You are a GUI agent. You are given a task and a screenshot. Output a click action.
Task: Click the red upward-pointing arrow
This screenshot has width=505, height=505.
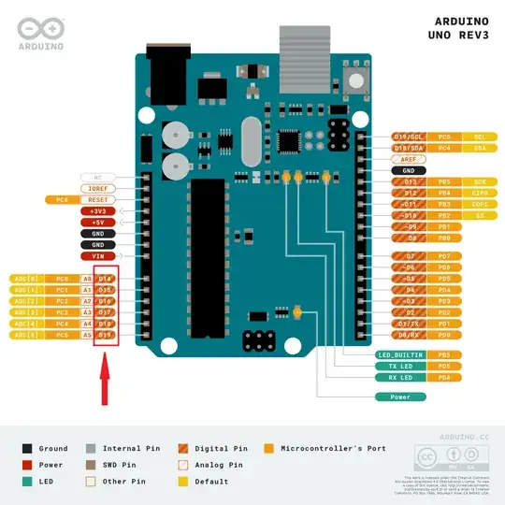106,384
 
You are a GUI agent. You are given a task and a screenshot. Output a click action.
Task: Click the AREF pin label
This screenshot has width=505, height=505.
409,160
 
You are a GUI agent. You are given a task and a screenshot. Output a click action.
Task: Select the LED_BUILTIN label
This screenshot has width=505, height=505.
400,355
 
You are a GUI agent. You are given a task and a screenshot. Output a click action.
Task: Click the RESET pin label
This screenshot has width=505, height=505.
97,199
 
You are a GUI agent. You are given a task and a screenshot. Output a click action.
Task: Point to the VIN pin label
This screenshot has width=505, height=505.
97,255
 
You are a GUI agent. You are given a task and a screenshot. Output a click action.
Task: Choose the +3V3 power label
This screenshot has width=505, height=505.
97,211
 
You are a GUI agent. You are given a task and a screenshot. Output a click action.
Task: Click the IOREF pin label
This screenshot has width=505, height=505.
97,188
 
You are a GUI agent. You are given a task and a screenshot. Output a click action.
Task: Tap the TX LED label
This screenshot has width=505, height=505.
400,367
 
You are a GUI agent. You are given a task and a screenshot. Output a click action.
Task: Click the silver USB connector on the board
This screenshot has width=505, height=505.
300,44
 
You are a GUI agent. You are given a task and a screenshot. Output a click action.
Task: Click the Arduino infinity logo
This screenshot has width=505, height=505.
39,27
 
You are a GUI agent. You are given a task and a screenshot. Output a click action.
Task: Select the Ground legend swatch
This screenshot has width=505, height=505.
27,449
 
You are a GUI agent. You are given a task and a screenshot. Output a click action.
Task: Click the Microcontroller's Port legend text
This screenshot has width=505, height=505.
332,449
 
